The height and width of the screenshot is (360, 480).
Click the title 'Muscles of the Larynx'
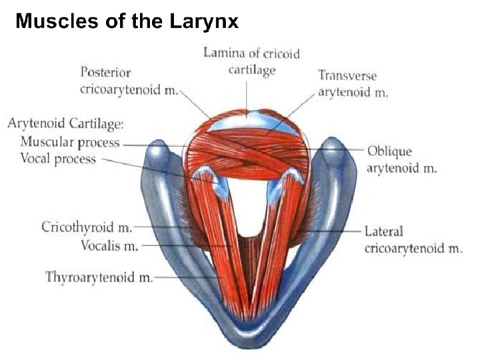127,21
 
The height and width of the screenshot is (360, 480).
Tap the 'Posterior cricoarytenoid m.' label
129,80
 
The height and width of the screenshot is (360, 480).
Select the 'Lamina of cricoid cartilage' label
251,61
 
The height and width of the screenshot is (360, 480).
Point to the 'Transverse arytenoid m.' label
353,84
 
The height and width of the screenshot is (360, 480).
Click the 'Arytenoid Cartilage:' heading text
66,124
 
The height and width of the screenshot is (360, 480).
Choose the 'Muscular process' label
70,142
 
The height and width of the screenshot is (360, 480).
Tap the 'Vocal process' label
58,159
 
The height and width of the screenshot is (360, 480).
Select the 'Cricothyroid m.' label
87,227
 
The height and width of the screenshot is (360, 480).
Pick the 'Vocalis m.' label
109,245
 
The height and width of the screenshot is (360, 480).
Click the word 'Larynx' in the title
205,21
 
